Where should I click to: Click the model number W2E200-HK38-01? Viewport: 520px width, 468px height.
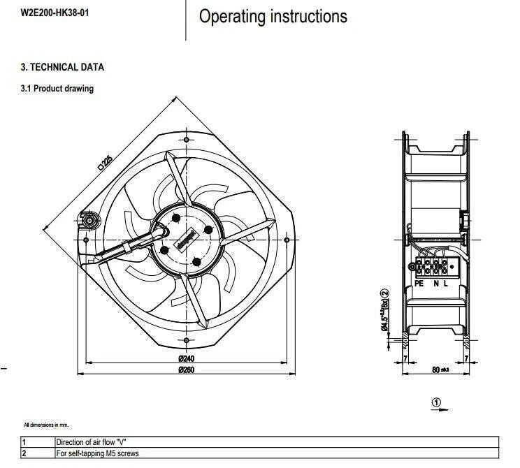(x=54, y=13)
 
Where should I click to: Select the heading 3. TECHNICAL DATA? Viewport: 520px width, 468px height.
(x=62, y=68)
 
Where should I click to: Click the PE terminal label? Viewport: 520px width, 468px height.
(x=419, y=284)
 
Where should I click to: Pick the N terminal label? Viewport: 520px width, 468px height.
(x=435, y=284)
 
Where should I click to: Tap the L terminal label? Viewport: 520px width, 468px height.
(x=446, y=284)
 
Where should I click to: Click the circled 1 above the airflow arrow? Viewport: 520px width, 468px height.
(x=437, y=402)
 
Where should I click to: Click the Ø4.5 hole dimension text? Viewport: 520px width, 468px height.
(x=384, y=314)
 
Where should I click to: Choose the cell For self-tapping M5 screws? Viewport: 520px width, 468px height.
(x=97, y=453)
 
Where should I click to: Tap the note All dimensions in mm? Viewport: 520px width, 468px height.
(x=46, y=425)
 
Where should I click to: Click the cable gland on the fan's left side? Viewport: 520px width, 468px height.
(x=89, y=221)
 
